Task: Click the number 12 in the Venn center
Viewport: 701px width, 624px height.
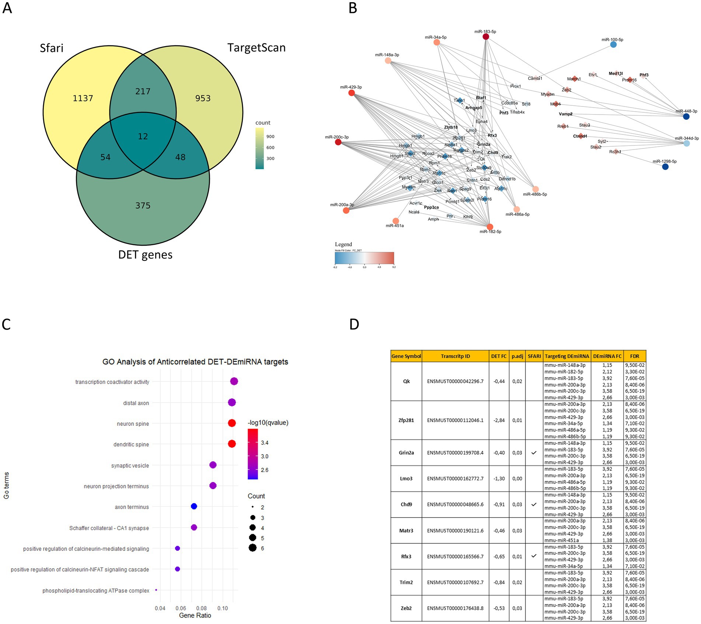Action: pos(143,136)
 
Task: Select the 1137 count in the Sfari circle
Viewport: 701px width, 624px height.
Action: pos(83,98)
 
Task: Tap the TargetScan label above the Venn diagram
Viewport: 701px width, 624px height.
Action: pos(257,48)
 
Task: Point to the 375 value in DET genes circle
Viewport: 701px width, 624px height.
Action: pos(143,206)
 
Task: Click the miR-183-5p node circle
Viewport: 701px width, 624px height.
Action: pos(486,36)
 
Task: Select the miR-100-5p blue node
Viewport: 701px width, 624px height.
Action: pos(613,45)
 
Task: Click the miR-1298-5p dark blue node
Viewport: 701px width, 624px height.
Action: pos(665,167)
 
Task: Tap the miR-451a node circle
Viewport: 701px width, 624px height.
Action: pos(396,221)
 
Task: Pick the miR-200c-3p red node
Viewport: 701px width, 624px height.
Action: pos(338,142)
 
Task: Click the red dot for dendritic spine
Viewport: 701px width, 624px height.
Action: pos(231,444)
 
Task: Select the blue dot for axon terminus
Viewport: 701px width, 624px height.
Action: pos(194,506)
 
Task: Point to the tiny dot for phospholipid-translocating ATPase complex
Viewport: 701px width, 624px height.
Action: pos(156,590)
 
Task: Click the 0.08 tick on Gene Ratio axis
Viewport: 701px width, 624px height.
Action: pos(202,608)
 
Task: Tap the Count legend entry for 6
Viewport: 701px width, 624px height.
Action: pos(252,548)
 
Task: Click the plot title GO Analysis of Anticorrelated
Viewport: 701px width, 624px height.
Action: pos(195,362)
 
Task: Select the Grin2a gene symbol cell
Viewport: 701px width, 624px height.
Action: pos(406,453)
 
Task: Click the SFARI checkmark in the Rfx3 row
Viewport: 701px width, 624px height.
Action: pos(534,556)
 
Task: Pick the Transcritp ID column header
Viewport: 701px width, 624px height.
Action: pos(455,356)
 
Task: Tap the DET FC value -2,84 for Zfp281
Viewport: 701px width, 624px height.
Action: pos(499,420)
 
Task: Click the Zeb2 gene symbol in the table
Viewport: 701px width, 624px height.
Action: pos(406,608)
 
